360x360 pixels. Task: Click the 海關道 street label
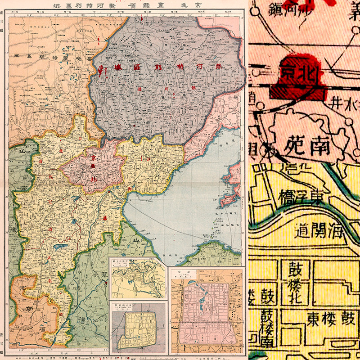tap(319, 233)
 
